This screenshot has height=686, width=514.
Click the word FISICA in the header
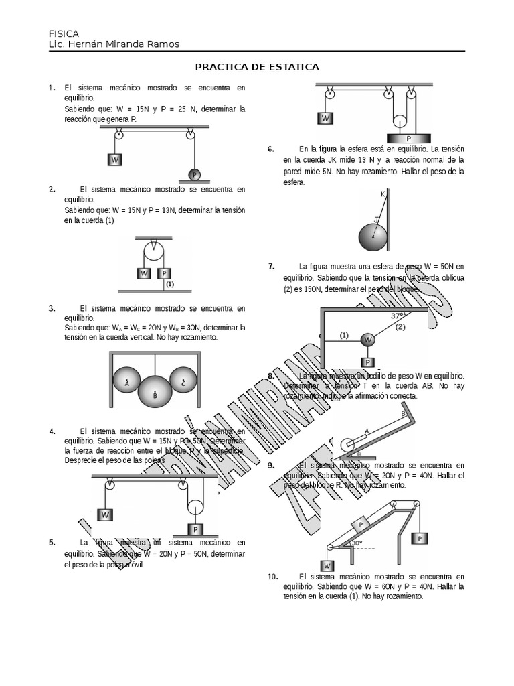(64, 33)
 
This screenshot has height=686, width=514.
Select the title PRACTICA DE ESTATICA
(256, 67)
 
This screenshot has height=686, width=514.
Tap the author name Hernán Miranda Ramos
(124, 44)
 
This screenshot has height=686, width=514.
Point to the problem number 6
(270, 149)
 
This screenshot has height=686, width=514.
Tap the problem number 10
(272, 577)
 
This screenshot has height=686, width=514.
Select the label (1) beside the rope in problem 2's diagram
(170, 284)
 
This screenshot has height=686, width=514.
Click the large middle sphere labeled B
(155, 392)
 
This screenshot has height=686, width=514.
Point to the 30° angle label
(357, 543)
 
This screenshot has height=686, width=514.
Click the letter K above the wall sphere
(383, 194)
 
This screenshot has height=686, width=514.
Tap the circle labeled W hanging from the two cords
(367, 340)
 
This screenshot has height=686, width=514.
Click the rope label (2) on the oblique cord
(400, 327)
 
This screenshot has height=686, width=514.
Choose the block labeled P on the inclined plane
(361, 525)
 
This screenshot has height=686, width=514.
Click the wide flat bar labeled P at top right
(408, 137)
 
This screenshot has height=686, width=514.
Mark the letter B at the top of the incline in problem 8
(403, 414)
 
